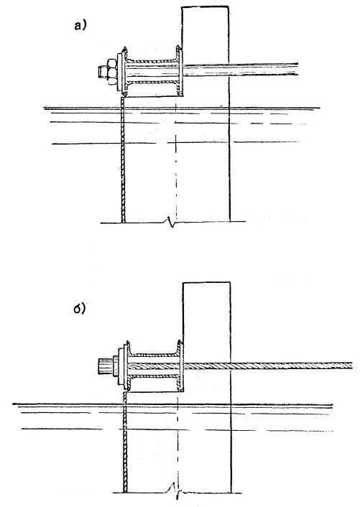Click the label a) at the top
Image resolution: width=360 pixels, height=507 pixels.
pyautogui.click(x=80, y=25)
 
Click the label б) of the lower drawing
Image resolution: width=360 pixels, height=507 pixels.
pyautogui.click(x=79, y=308)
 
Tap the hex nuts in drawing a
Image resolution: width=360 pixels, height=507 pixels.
pyautogui.click(x=111, y=72)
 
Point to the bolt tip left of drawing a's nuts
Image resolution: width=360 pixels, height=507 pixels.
pyautogui.click(x=102, y=72)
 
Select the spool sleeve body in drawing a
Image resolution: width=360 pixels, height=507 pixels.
pyautogui.click(x=152, y=72)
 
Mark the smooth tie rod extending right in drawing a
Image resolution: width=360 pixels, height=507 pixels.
pyautogui.click(x=240, y=69)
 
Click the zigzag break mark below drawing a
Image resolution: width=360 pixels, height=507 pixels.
pyautogui.click(x=171, y=222)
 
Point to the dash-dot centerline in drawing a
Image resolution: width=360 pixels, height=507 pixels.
pyautogui.click(x=176, y=161)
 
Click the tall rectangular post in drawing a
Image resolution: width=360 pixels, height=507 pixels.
pyautogui.click(x=206, y=113)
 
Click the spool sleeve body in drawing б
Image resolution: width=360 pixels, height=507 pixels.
pyautogui.click(x=154, y=367)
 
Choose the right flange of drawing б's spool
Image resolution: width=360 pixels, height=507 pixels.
pyautogui.click(x=180, y=367)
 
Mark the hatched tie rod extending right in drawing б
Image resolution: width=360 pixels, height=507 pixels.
pyautogui.click(x=268, y=366)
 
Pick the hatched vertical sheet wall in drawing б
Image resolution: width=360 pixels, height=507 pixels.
pyautogui.click(x=126, y=442)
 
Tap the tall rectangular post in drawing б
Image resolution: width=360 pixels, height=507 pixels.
pyautogui.click(x=207, y=388)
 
